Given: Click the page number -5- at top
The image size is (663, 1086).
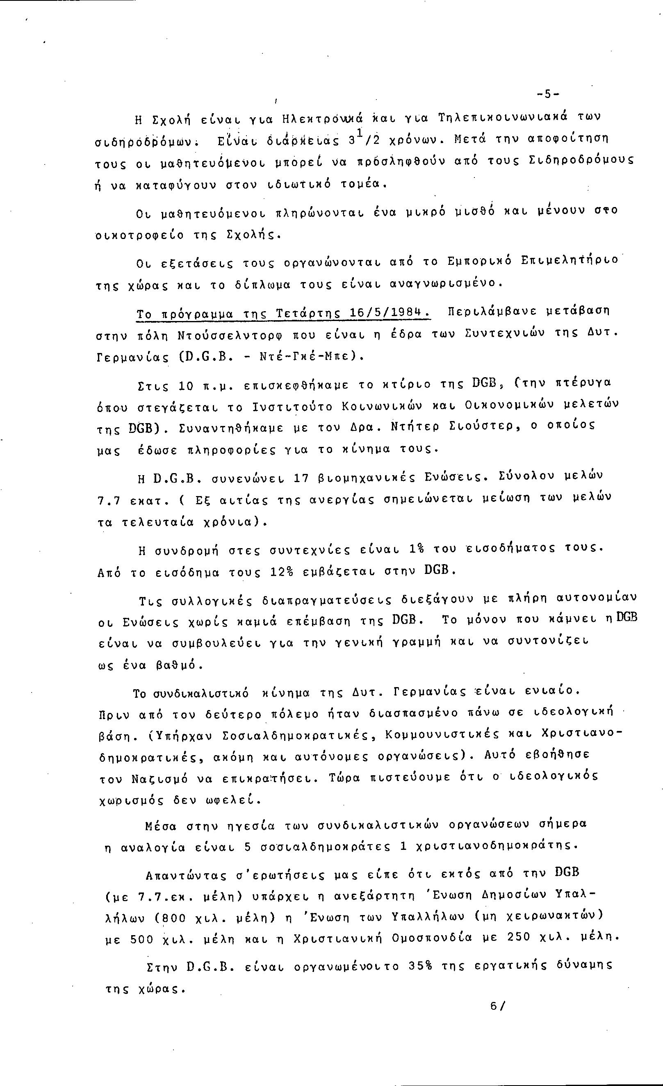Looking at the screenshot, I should pyautogui.click(x=548, y=94).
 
